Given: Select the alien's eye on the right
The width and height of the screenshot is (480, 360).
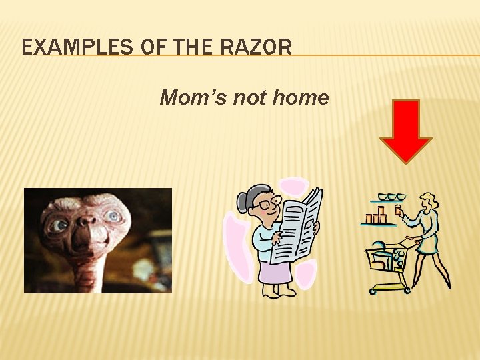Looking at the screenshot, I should click(114, 217).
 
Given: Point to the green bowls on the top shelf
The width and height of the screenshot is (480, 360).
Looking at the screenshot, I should click(391, 197).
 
